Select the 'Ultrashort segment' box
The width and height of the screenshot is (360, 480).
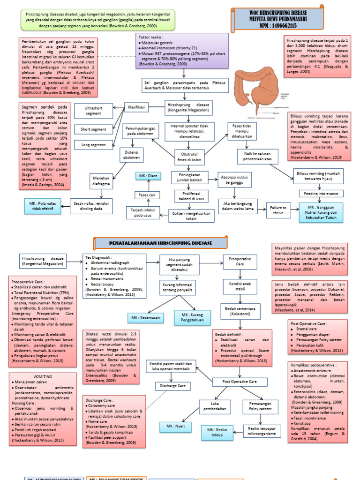coord(93,111)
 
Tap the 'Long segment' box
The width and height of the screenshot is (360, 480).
coord(93,145)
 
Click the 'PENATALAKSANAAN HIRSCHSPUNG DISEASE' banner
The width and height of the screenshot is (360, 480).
coord(161,243)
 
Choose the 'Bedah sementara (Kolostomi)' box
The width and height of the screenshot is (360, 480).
coord(240,311)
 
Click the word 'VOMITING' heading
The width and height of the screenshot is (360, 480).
coord(43,376)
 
